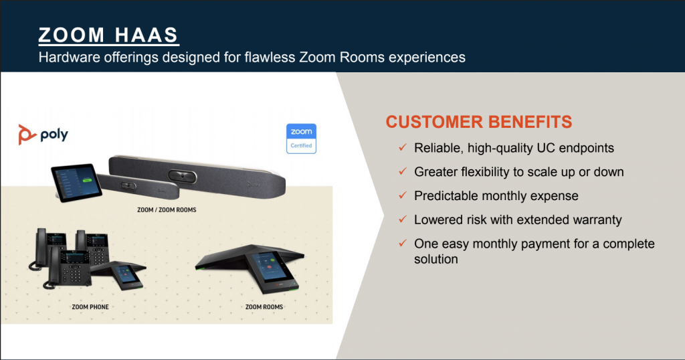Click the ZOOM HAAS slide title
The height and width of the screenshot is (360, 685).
108,35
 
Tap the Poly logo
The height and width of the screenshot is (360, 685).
43,134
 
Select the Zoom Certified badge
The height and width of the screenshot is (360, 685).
301,139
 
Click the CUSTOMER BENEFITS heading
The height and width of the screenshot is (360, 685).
479,122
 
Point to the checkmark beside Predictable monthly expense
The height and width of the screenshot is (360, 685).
403,195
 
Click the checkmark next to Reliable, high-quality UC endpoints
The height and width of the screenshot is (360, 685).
403,147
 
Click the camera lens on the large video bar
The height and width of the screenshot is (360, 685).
182,176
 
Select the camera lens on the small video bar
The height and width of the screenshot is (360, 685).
128,185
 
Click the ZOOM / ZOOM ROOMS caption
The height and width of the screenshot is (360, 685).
167,209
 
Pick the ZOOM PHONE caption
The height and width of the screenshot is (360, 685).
90,306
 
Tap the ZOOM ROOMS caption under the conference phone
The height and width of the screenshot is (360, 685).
264,306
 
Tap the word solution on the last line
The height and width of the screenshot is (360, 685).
436,259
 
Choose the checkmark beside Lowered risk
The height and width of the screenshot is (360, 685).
403,219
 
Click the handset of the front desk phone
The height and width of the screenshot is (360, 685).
54,266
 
